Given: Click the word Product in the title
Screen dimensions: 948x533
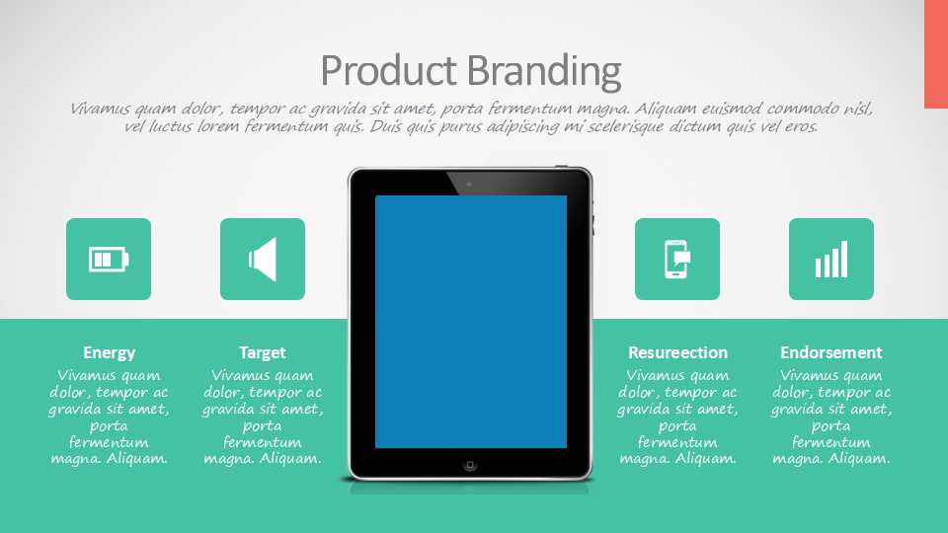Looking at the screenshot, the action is [x=388, y=71].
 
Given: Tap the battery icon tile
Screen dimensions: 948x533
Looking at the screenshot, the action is [x=109, y=260].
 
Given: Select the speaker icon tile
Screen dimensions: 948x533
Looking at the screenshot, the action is [x=263, y=260].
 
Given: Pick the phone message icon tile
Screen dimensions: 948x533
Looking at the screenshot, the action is [x=677, y=260].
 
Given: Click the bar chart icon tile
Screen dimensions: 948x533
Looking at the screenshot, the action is [x=831, y=260].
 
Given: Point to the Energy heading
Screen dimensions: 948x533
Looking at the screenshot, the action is [x=109, y=353].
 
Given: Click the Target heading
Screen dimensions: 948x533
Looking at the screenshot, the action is [x=263, y=352].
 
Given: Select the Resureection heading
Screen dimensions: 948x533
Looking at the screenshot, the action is [x=677, y=352].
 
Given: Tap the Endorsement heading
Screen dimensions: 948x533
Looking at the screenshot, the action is [x=831, y=352].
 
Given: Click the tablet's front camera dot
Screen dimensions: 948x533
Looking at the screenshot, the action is [x=469, y=185].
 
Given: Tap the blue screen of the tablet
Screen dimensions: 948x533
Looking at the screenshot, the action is [x=471, y=322].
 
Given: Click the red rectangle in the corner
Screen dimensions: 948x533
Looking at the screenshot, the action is [x=936, y=54].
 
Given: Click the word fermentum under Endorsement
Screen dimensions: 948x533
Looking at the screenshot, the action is [x=831, y=442].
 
